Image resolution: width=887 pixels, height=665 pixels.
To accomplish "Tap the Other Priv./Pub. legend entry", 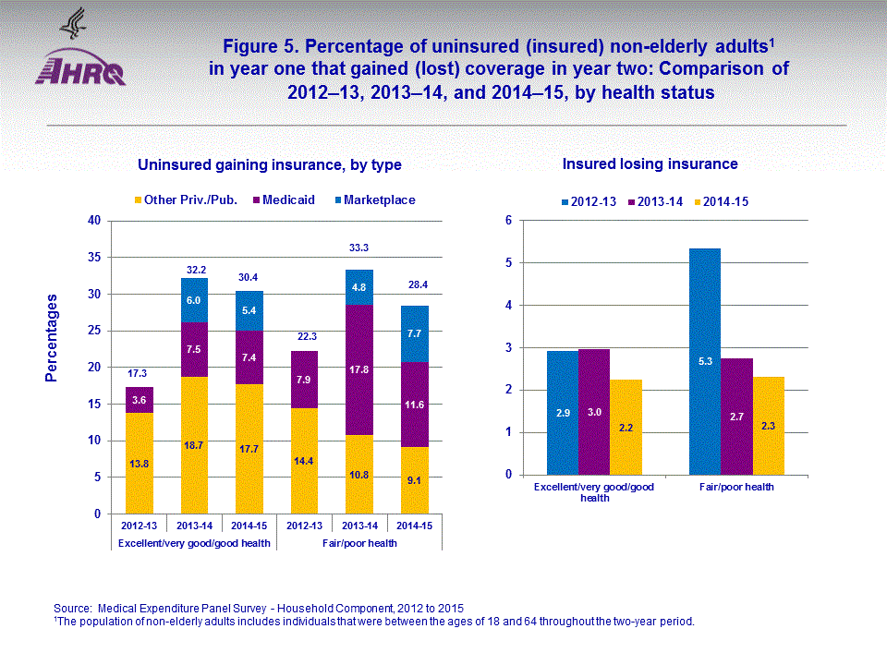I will coord(186,199).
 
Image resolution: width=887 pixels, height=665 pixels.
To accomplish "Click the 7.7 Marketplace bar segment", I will coord(414,333).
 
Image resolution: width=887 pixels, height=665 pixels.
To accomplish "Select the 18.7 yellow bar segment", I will coord(194,445).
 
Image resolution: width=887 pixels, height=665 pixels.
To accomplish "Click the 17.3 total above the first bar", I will coord(139,373).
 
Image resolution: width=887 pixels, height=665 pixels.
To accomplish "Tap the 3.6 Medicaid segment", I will coord(140,400).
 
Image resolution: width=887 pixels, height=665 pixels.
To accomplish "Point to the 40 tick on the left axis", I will coord(93,221).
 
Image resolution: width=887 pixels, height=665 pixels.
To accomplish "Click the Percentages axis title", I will coord(52,338).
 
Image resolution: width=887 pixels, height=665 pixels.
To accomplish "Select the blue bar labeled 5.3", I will coord(705,361).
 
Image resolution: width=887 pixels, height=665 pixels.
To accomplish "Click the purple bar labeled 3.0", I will coord(594,412).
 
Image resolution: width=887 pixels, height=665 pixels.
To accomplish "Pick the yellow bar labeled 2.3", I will coord(768,426).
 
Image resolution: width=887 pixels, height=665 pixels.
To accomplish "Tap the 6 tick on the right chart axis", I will coord(508,221).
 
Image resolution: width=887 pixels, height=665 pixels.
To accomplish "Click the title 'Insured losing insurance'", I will coord(650,164).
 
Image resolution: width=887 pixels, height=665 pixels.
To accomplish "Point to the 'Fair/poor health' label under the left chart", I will coord(359,543).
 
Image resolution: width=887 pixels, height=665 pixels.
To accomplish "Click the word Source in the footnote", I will coord(72,608).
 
